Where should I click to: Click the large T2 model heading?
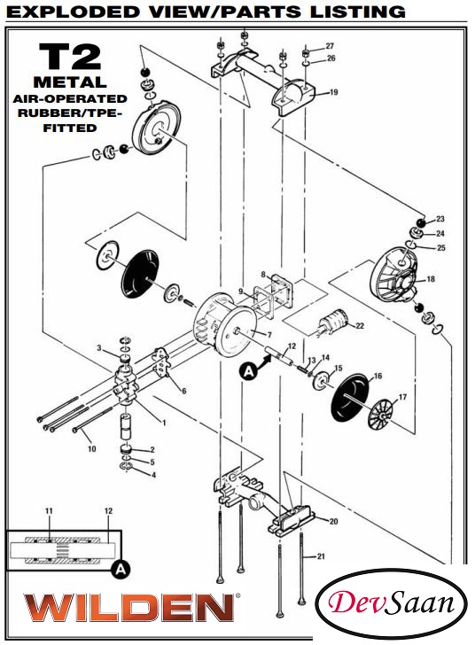(x=68, y=58)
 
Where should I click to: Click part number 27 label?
(x=330, y=45)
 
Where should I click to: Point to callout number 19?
(x=333, y=92)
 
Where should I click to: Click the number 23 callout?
(x=440, y=219)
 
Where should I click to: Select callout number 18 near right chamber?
(x=431, y=279)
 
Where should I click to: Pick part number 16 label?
(x=378, y=377)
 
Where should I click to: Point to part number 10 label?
(x=91, y=449)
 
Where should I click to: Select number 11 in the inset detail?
(x=50, y=512)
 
